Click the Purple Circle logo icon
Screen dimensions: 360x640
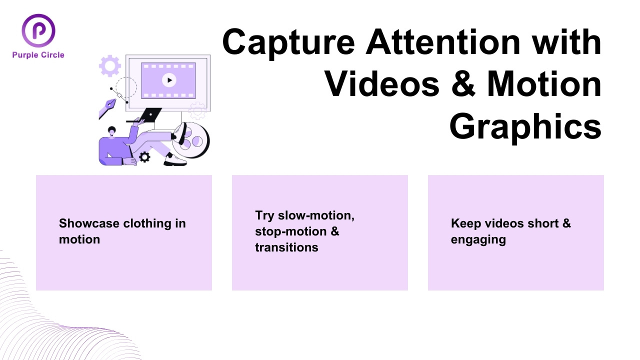point(38,30)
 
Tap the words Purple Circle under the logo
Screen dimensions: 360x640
point(38,55)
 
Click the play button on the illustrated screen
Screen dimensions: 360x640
point(169,80)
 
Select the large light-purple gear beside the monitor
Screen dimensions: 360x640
point(110,66)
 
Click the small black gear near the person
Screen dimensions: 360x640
point(144,157)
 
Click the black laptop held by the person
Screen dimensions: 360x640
point(149,115)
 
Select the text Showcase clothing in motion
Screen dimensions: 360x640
point(122,231)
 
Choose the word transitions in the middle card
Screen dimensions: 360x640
point(286,247)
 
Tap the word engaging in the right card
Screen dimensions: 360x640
point(478,239)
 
